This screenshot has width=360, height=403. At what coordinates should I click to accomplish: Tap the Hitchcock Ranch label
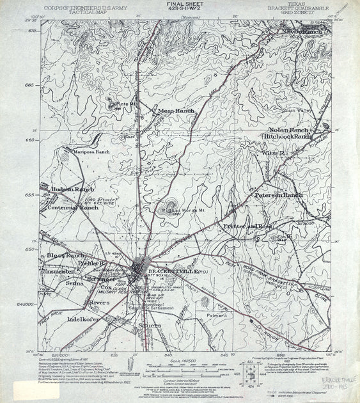[x=290, y=136]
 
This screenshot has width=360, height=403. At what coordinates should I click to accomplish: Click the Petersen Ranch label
[x=278, y=194]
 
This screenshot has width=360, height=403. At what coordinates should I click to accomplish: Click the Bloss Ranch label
[x=61, y=255]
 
